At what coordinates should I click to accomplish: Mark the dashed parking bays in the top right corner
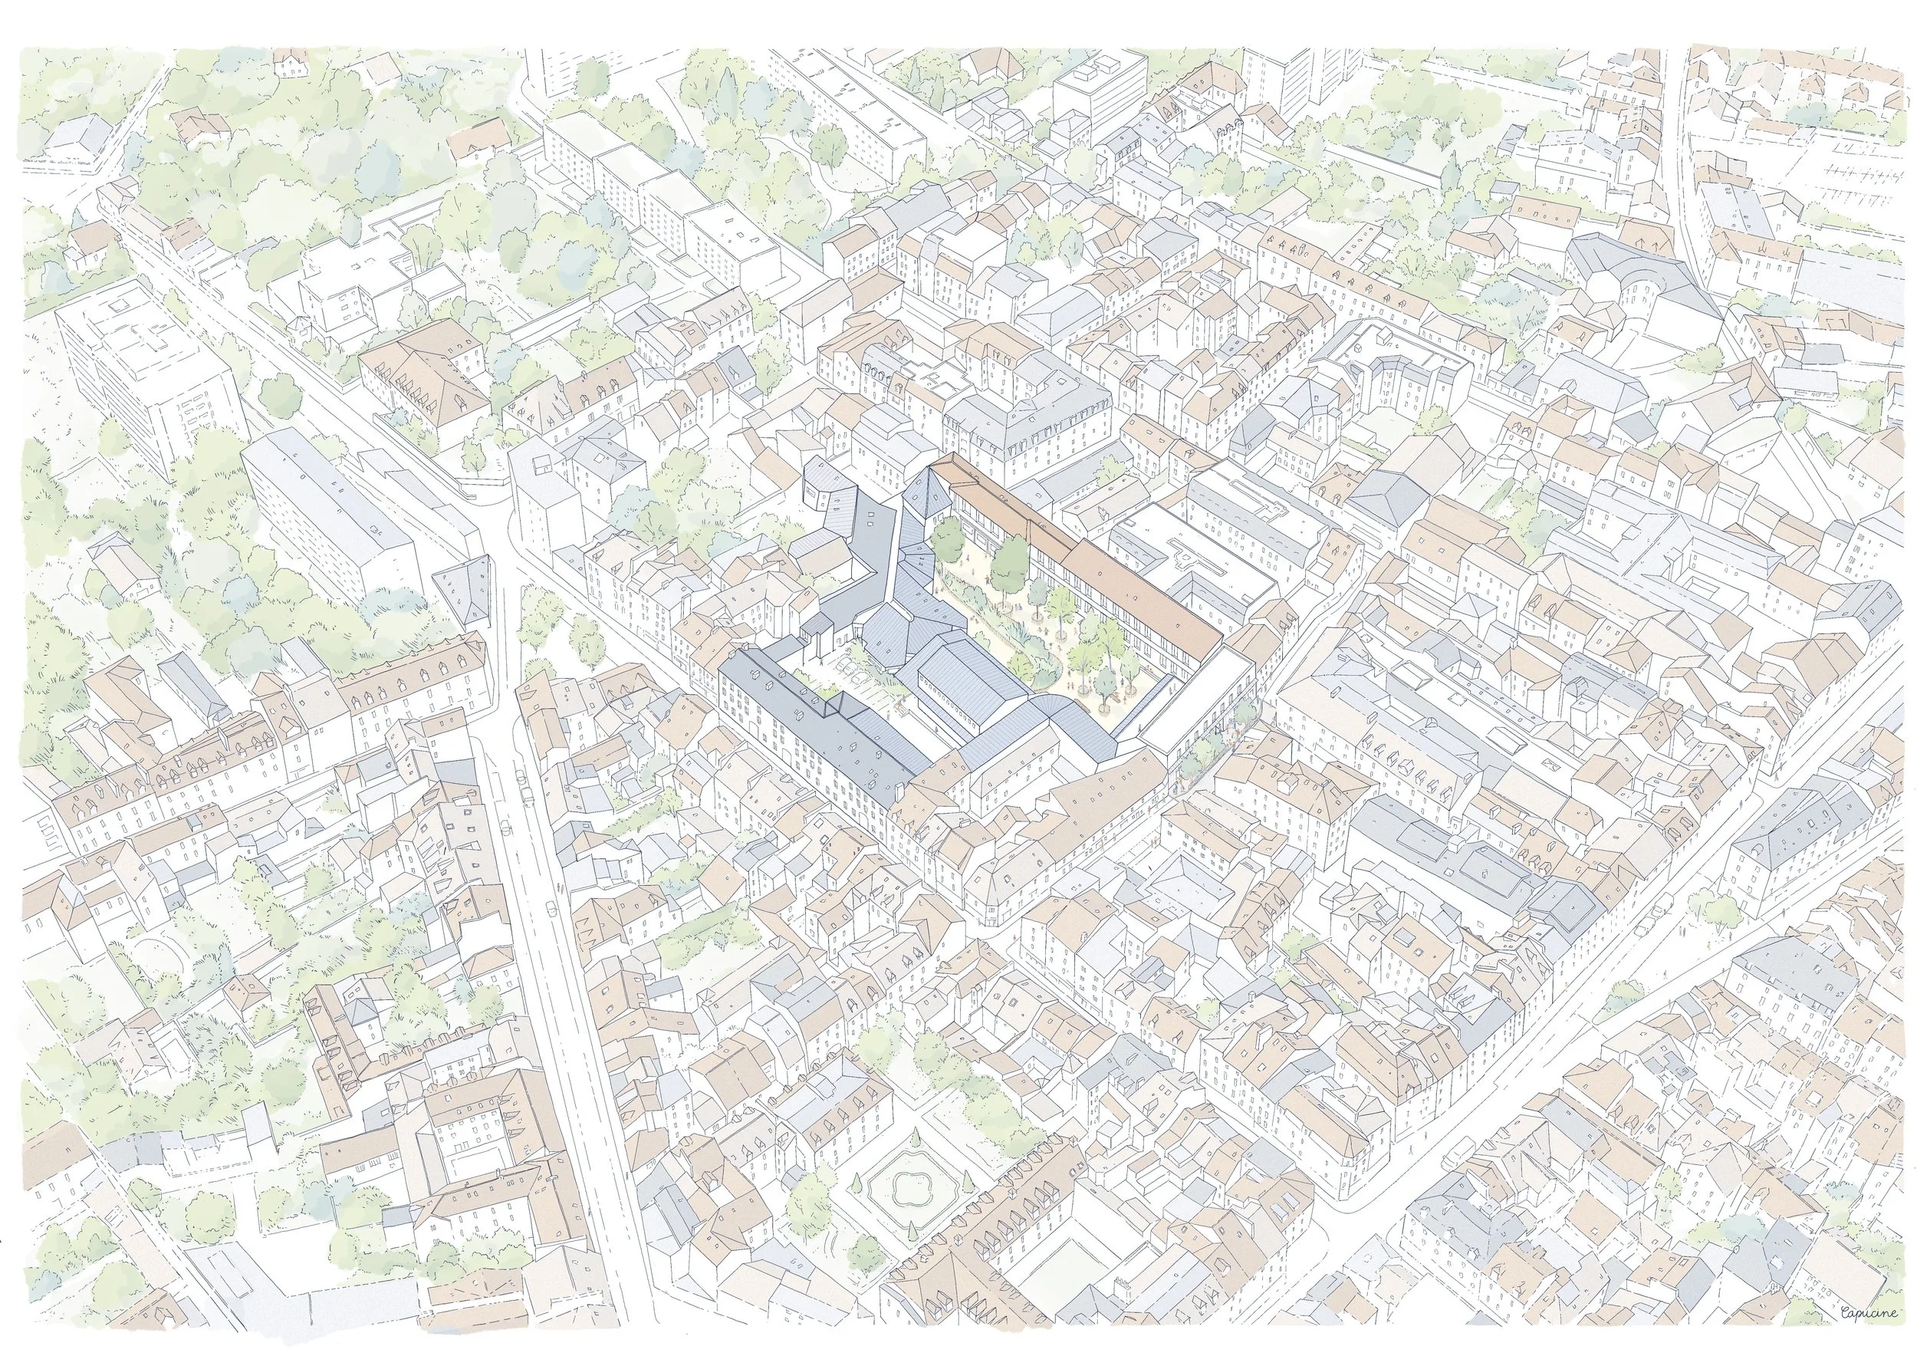(x=1853, y=179)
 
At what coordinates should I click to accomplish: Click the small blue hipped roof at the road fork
(x=464, y=584)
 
